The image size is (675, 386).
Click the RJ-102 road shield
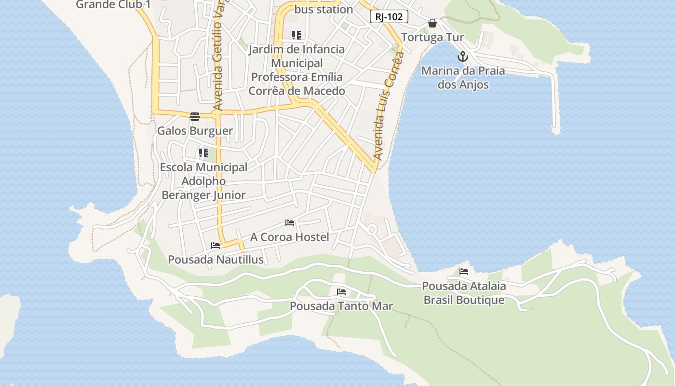[389, 16]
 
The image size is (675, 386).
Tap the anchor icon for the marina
[463, 56]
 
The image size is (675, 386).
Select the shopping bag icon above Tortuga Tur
[432, 23]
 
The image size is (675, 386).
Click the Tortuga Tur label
[432, 37]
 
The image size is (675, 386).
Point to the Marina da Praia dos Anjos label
[463, 78]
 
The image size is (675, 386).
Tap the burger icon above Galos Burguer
[195, 116]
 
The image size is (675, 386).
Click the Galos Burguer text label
[195, 131]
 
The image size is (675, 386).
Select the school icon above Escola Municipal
[203, 153]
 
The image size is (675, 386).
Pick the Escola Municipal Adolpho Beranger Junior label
[203, 181]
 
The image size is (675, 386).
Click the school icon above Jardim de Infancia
[297, 35]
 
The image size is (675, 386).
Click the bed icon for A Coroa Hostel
[290, 223]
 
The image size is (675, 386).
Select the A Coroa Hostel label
[289, 237]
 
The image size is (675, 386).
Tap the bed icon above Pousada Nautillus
[216, 245]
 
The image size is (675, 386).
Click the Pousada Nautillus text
[216, 260]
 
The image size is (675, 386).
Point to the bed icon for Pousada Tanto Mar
[341, 292]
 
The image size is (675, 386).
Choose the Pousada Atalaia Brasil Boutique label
[463, 293]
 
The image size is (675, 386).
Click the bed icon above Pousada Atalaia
[464, 271]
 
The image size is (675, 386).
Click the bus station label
[324, 9]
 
